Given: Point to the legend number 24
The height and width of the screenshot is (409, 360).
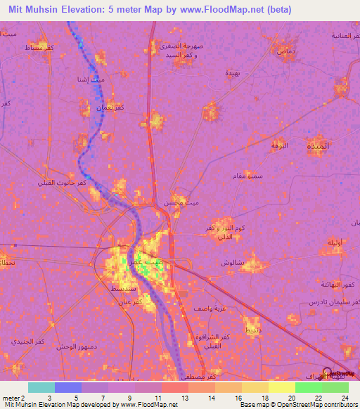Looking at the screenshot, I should [x=343, y=397].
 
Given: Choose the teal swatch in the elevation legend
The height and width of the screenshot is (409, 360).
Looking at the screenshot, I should [x=41, y=387].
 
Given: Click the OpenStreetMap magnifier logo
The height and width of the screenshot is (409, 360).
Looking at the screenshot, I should [x=328, y=374].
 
